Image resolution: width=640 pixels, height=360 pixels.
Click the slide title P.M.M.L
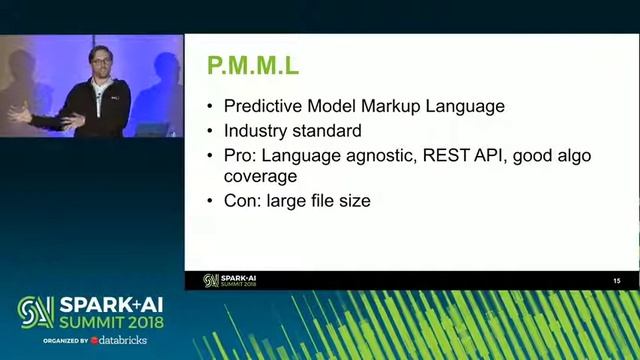pos(252,68)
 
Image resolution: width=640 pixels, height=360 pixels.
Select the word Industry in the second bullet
pos(257,131)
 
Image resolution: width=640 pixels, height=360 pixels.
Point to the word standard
pos(328,131)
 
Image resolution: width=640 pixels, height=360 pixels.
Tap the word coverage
pos(260,175)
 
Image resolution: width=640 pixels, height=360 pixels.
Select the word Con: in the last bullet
pos(244,200)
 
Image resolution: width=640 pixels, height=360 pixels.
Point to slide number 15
pos(617,281)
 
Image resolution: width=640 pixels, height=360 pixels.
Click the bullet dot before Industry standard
pos(209,131)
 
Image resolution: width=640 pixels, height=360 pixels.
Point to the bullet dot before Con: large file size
pos(209,200)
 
